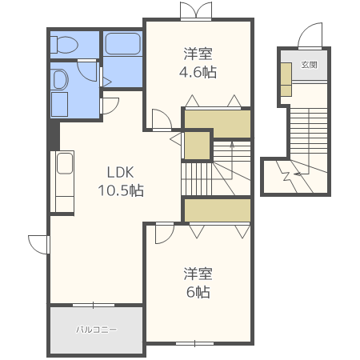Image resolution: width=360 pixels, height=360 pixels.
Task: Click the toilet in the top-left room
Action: point(64,45)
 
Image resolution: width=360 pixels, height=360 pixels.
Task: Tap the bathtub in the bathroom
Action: point(122,44)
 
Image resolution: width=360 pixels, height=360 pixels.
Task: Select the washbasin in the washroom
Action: point(61,79)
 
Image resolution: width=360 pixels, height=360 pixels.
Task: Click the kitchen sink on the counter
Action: point(65,163)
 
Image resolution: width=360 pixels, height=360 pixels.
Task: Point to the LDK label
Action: point(120,173)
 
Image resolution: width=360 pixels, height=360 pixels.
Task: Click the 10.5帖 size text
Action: point(121,190)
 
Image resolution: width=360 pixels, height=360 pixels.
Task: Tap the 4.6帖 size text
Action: point(198,72)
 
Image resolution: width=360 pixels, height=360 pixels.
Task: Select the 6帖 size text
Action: point(198,292)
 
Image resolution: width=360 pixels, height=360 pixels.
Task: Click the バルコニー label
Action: point(96,330)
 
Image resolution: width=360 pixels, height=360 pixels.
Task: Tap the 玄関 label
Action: point(309,65)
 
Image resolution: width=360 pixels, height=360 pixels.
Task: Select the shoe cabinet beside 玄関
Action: point(286,79)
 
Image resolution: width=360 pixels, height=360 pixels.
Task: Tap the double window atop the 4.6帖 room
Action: point(196,10)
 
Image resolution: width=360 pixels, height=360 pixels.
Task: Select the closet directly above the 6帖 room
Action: point(218,210)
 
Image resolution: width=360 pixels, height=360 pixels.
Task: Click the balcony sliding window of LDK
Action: point(94,305)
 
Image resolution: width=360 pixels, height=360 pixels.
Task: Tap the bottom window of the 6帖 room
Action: point(195,343)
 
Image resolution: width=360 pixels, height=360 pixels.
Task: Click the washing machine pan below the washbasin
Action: point(59,104)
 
